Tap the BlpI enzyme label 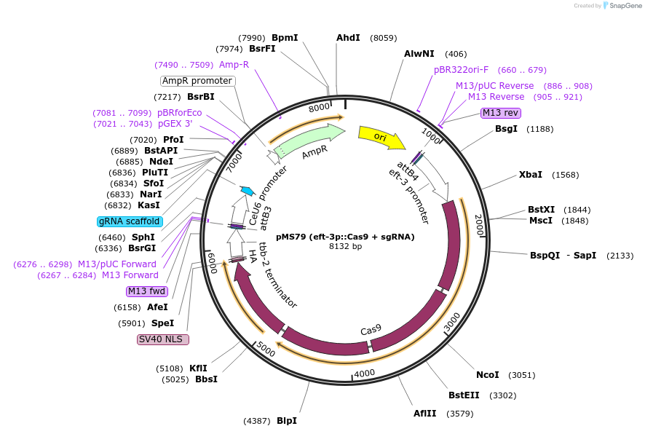[x=287, y=420]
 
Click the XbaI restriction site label [x=530, y=175]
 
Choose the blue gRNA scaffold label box [x=129, y=221]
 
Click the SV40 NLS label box [x=163, y=339]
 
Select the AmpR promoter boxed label [x=197, y=81]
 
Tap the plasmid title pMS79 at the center [x=345, y=236]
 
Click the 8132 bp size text [x=345, y=246]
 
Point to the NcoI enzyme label [x=487, y=375]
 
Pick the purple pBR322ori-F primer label [x=462, y=70]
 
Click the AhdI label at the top [x=348, y=37]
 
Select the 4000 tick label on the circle [x=364, y=373]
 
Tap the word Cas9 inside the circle [x=371, y=330]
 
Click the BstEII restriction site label [x=464, y=395]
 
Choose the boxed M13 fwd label [x=146, y=291]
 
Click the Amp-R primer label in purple [x=234, y=65]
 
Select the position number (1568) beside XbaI [x=566, y=175]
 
